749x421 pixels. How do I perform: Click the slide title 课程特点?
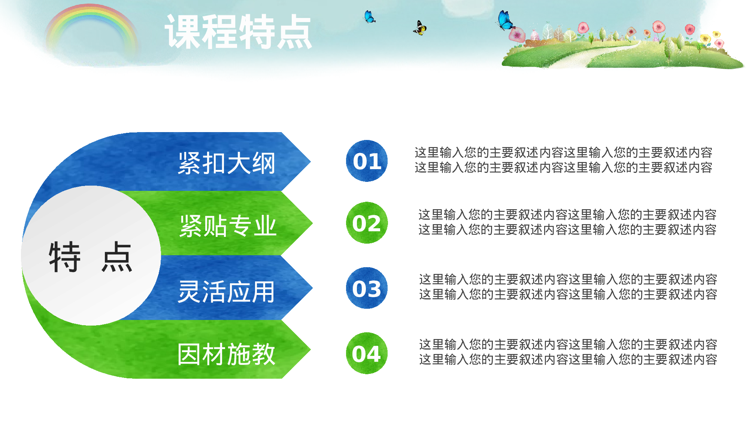coord(238,32)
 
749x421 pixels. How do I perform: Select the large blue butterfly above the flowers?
coord(506,21)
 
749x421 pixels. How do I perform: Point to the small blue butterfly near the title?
coord(369,17)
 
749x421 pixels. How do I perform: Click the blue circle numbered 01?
coord(367,161)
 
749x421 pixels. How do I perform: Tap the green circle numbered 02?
coord(367,223)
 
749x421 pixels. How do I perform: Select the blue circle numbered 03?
coord(367,288)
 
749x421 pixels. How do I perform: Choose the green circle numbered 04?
coord(367,353)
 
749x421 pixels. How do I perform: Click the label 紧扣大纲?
coord(227,163)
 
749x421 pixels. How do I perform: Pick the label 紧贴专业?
coord(228,226)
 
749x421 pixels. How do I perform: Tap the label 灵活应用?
coord(226,292)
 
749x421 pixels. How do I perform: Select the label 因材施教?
coord(226,354)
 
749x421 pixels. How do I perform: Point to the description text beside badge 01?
coord(563,160)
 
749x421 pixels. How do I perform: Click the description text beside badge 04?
coord(568,352)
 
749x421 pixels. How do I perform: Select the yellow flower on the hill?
coord(705,38)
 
